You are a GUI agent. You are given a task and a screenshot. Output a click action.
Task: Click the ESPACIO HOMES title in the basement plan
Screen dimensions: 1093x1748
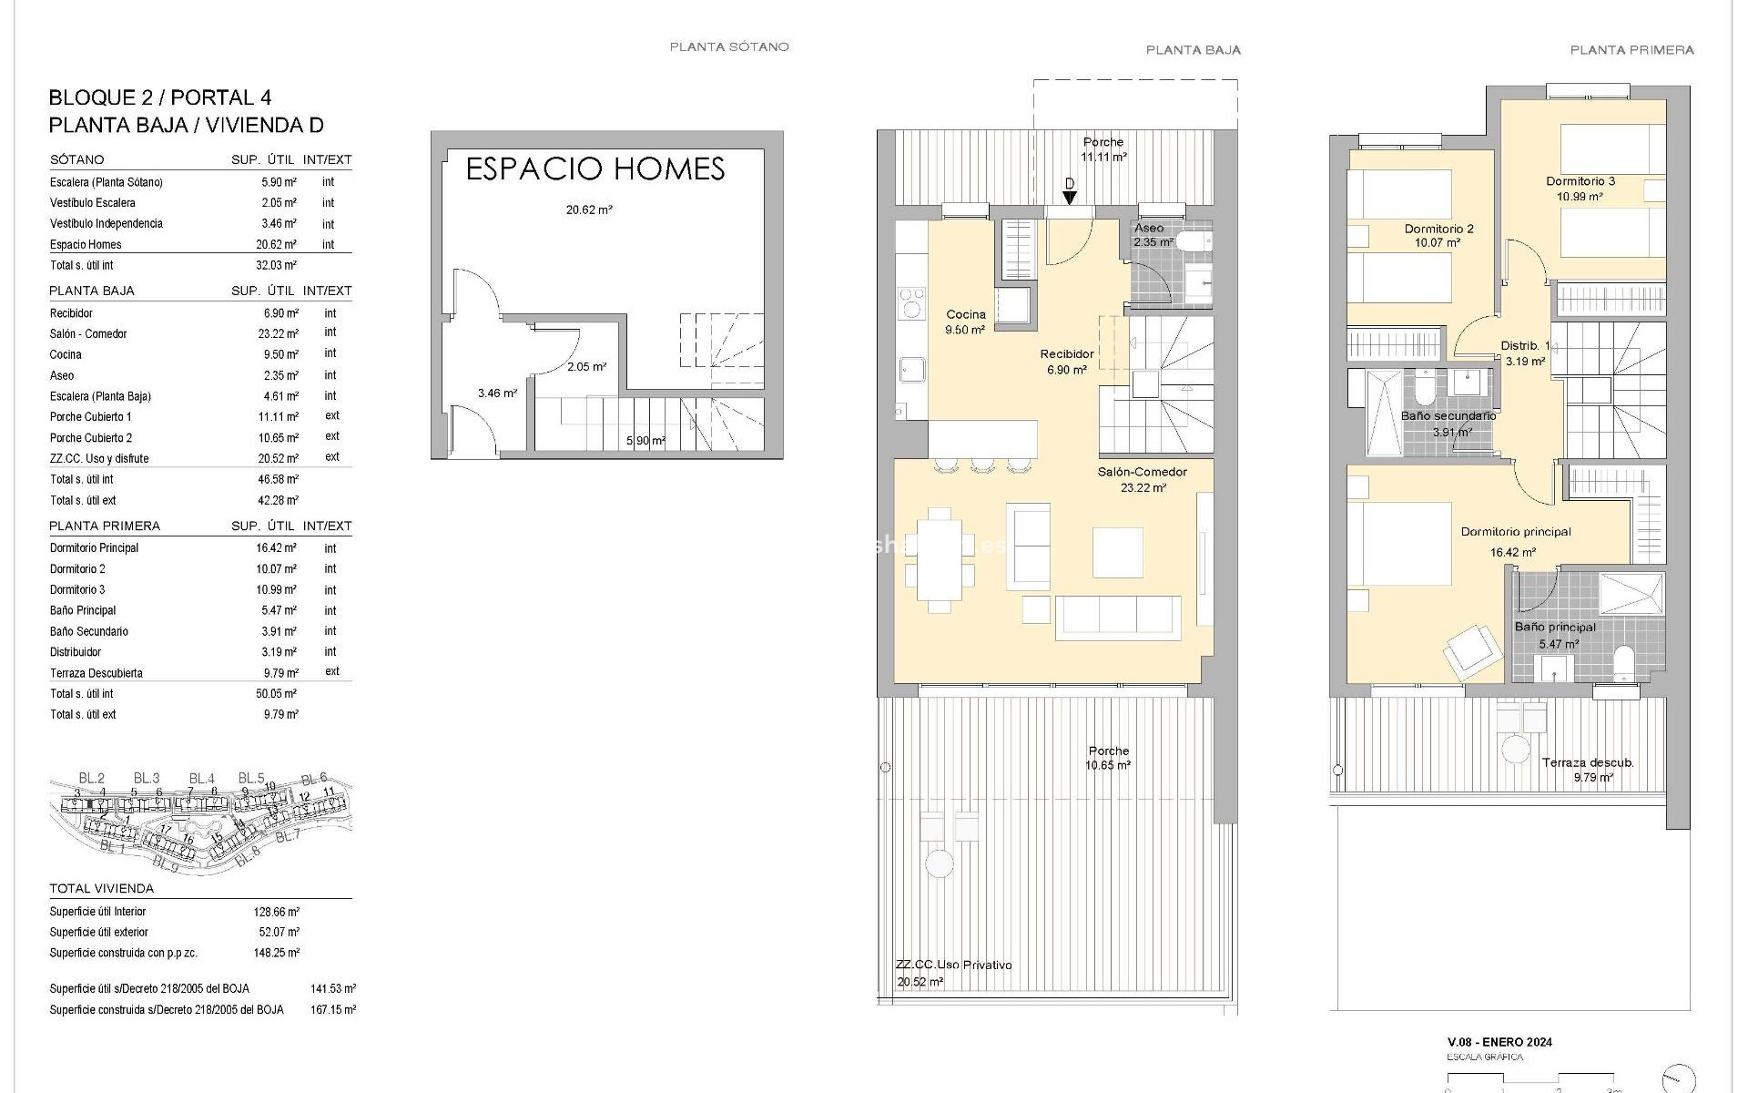[595, 169]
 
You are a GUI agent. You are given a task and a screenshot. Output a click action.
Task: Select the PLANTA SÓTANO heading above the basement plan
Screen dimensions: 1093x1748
[729, 46]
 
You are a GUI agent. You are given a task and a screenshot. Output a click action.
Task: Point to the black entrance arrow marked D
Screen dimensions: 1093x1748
[1070, 196]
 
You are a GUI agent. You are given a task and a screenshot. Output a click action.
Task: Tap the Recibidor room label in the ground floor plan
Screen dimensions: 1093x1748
[1067, 354]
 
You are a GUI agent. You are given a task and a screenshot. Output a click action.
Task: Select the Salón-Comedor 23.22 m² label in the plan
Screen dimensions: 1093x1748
[1142, 479]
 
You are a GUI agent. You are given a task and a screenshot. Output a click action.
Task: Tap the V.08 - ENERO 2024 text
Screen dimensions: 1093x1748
[1499, 1042]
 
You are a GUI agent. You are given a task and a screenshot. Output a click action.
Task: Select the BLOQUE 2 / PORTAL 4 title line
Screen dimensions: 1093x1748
[160, 97]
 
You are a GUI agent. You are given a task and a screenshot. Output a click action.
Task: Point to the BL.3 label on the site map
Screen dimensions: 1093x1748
[147, 778]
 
